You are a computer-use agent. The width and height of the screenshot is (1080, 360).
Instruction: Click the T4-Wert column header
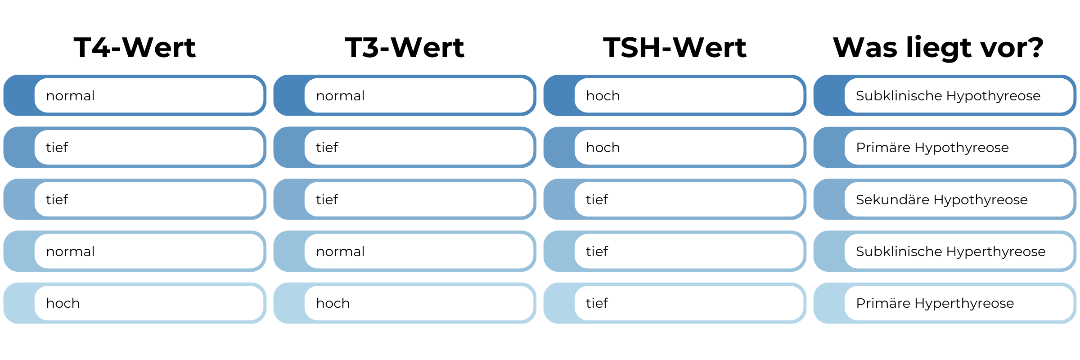coord(135,47)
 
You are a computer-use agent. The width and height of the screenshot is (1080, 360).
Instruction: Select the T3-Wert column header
coord(405,47)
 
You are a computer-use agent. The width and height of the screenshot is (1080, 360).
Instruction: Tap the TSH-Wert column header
coord(675,47)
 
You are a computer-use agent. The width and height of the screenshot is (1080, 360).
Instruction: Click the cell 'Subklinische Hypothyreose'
coord(948,96)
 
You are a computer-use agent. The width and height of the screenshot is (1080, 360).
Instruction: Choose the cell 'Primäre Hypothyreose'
coord(932,148)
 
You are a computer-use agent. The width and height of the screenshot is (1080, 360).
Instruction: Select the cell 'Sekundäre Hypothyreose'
coord(942,199)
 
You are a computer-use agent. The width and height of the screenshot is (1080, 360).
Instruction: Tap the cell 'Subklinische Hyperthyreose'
coord(951,252)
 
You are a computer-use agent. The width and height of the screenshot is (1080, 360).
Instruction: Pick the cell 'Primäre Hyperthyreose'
coord(935,303)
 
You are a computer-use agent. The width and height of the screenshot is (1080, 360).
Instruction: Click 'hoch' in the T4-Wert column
coord(63,303)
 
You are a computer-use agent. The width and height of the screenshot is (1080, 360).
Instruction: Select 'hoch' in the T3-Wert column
coord(333,303)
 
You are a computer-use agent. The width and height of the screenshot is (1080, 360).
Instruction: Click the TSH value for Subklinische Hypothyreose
coord(603,96)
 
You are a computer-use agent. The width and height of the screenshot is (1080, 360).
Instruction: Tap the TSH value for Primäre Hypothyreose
coord(603,148)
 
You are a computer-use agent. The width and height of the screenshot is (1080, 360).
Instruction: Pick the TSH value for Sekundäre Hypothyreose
coord(597,199)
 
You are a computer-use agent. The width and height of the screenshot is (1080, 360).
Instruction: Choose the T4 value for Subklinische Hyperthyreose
coord(71,252)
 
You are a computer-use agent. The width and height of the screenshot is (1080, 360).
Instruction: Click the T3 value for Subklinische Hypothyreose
coord(341,96)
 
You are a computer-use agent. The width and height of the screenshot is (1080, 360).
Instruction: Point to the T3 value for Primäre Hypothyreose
coord(327,148)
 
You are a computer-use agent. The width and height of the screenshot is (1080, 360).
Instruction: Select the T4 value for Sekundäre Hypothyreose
coord(57,199)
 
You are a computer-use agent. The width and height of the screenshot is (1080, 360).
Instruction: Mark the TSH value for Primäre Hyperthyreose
coord(597,303)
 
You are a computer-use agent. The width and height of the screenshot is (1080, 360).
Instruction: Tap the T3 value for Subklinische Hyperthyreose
coord(341,252)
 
